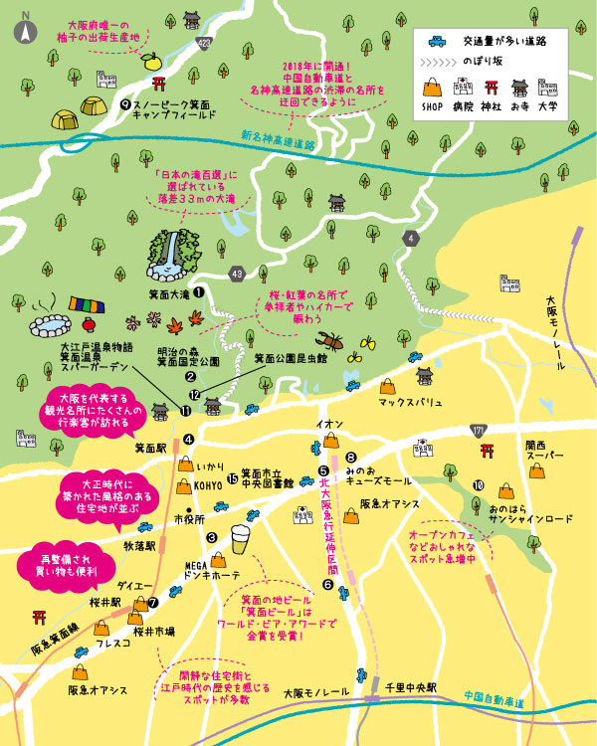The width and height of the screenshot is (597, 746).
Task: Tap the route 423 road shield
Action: point(204,43)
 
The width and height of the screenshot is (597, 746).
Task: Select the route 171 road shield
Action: point(480,430)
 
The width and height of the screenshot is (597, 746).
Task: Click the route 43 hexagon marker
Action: point(236,273)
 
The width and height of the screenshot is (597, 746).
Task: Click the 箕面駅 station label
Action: point(150,448)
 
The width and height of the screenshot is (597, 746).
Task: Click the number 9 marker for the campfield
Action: point(124,102)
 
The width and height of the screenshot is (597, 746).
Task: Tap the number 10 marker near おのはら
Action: point(479,485)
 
